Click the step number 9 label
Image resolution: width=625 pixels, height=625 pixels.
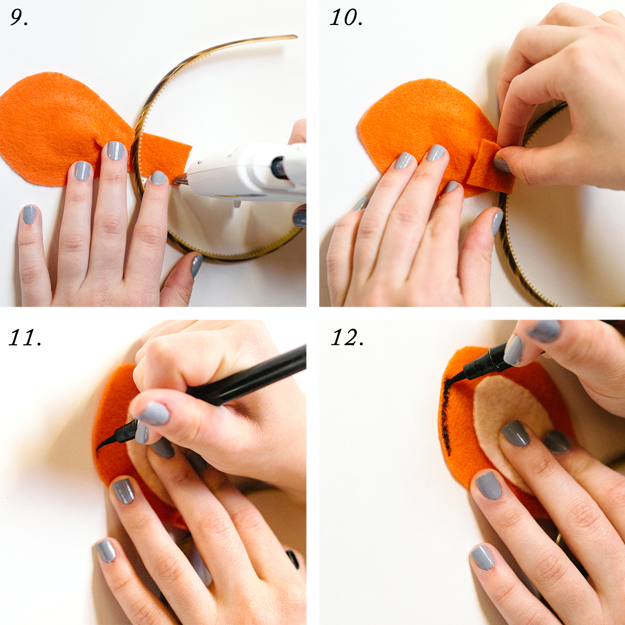coord(19,17)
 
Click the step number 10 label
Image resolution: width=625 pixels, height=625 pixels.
coord(346,17)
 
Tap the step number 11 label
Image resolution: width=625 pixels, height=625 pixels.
coord(25,337)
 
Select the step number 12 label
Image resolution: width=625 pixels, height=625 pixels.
coord(347,337)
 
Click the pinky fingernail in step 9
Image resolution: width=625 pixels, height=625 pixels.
coord(29,214)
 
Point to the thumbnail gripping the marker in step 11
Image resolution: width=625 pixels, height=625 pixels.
coord(154,413)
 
